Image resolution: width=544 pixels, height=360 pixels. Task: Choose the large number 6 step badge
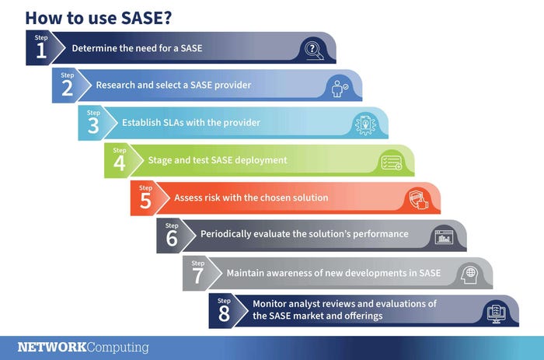click(x=172, y=238)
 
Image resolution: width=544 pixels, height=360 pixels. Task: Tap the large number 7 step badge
click(x=197, y=275)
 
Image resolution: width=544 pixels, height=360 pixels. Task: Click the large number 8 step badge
click(x=224, y=313)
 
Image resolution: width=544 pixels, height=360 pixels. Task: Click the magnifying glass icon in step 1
click(x=312, y=51)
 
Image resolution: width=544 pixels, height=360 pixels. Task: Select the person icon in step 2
click(x=339, y=88)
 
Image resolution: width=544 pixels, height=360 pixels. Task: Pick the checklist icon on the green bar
click(x=390, y=163)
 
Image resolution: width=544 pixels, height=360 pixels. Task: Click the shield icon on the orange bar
click(x=417, y=200)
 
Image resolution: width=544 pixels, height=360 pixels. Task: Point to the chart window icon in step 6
click(x=444, y=237)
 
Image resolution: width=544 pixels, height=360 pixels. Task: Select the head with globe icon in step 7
click(x=469, y=274)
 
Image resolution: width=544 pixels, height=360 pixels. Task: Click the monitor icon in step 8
click(x=495, y=313)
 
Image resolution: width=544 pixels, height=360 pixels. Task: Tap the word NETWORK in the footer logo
click(x=51, y=347)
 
